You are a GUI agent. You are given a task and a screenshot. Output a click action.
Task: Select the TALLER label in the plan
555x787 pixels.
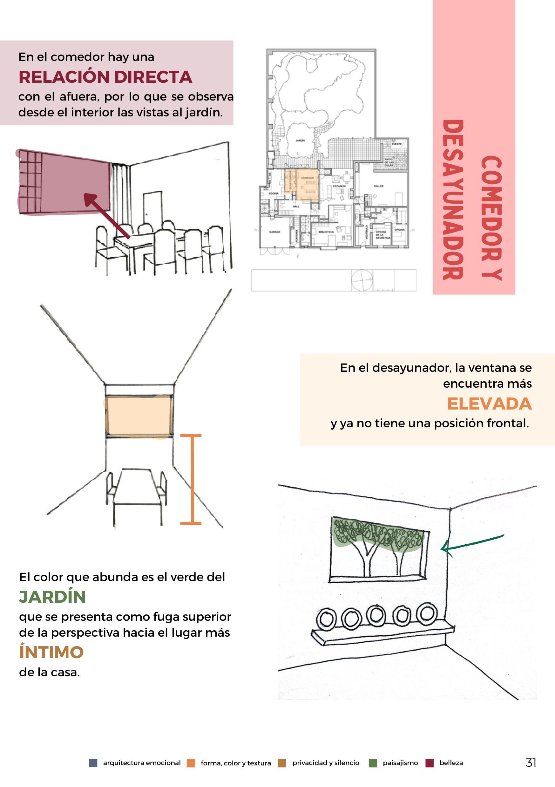coord(378,186)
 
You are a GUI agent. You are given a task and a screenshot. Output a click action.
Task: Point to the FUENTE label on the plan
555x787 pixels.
coord(397,144)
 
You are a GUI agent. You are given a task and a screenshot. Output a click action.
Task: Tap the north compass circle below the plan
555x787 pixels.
coord(362,280)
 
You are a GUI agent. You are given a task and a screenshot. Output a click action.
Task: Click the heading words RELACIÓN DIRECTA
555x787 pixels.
coord(105,77)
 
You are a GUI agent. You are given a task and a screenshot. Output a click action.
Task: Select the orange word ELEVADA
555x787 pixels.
coord(489,404)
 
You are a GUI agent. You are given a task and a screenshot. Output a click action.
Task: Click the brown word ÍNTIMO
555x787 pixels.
coord(51,652)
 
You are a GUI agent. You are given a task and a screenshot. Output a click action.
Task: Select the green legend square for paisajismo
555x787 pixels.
coord(372,763)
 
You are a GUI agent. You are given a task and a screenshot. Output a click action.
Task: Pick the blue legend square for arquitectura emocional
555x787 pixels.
coord(93,763)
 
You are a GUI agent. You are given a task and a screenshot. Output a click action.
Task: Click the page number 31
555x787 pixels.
coord(531,762)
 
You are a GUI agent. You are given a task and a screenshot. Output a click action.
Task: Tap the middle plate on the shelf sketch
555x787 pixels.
coord(376,616)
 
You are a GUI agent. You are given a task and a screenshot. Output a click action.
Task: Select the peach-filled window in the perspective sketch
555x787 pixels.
coord(138,416)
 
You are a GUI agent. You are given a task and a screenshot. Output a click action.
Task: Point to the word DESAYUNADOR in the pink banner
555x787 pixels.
coord(453,200)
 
